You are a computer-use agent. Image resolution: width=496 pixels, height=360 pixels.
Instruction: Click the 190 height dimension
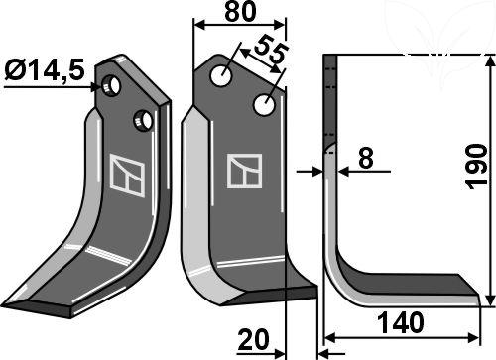coord(477,165)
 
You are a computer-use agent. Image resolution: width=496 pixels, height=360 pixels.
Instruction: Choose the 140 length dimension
coord(400,324)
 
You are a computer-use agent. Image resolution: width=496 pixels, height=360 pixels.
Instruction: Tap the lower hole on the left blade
coord(143,120)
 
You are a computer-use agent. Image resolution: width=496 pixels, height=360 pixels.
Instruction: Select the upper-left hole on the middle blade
coord(227,73)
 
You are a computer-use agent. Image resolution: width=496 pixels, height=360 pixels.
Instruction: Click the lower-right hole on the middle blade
coord(264,103)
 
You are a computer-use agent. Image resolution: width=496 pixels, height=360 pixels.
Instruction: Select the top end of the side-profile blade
coord(331,61)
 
